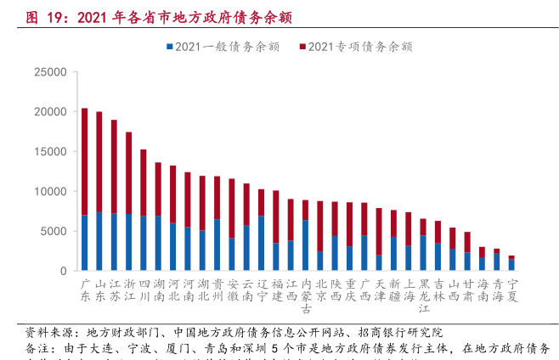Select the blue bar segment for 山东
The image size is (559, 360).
pos(99,241)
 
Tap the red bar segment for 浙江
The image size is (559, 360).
pos(128,173)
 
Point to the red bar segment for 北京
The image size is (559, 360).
pos(319,226)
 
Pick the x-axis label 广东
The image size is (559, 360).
pos(84,290)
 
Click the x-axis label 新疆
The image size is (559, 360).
pos(393,290)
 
